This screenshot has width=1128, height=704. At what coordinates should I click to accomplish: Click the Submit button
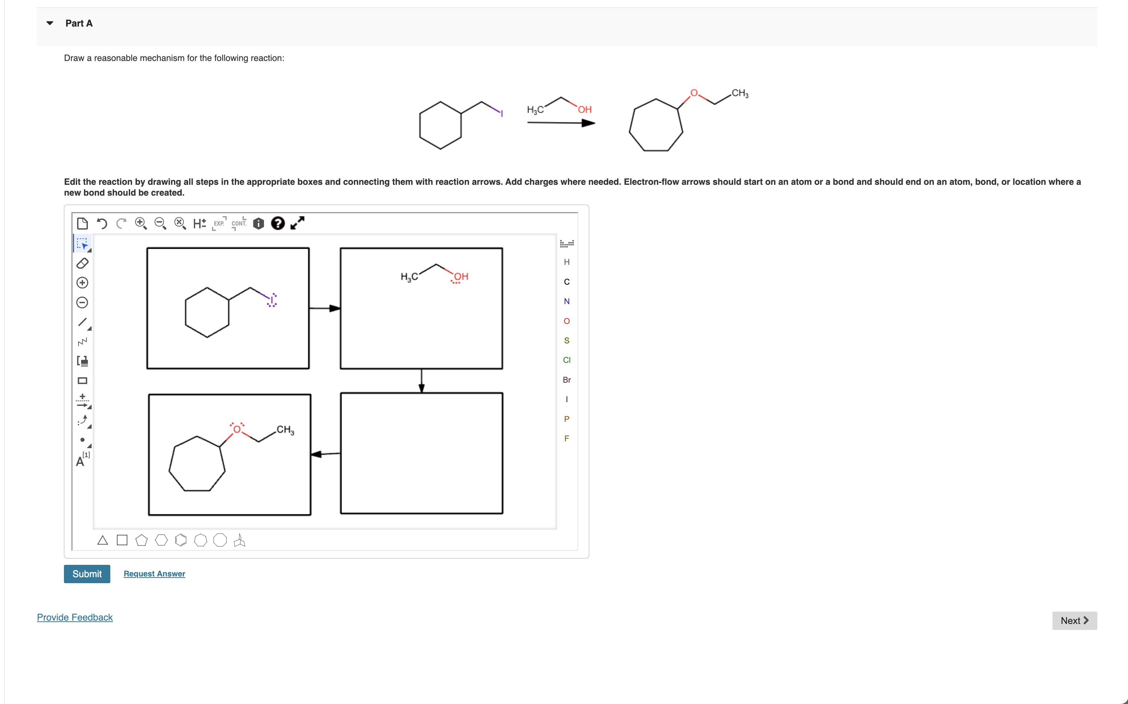click(x=87, y=573)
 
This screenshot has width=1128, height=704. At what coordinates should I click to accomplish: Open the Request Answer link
click(x=154, y=573)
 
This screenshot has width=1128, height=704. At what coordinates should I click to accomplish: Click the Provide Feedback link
click(x=74, y=617)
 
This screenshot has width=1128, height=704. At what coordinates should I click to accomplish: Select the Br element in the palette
click(x=566, y=379)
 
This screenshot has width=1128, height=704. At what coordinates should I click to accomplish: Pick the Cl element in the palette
click(x=566, y=360)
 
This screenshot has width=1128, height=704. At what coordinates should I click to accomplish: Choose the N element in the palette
click(x=566, y=301)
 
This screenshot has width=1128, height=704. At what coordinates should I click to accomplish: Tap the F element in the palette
click(x=566, y=438)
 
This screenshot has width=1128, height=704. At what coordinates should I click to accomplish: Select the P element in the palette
click(x=566, y=419)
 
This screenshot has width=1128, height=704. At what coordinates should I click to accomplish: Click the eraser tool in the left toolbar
click(x=82, y=263)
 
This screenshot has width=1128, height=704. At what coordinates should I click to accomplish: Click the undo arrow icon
click(x=102, y=223)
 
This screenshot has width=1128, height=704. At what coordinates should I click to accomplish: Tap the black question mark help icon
click(x=278, y=223)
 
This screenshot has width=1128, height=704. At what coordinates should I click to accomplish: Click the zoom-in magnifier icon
click(x=141, y=223)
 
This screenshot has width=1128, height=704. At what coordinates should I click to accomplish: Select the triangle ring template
click(x=102, y=540)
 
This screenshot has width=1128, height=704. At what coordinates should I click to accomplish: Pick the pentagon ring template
click(x=141, y=540)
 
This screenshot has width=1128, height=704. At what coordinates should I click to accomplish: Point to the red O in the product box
click(x=237, y=429)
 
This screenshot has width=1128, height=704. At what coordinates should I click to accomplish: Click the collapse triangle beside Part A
click(x=50, y=23)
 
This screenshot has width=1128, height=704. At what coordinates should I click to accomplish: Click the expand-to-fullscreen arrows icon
click(x=297, y=223)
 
